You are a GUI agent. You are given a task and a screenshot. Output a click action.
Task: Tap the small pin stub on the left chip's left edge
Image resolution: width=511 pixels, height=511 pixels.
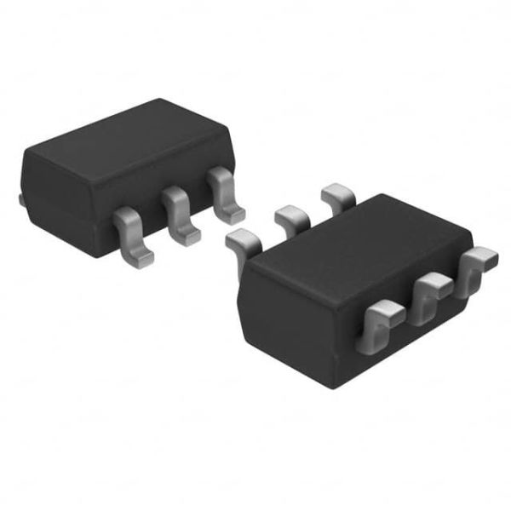19,199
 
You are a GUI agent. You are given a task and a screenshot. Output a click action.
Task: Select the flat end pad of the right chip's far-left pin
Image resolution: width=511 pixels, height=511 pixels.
238,238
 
